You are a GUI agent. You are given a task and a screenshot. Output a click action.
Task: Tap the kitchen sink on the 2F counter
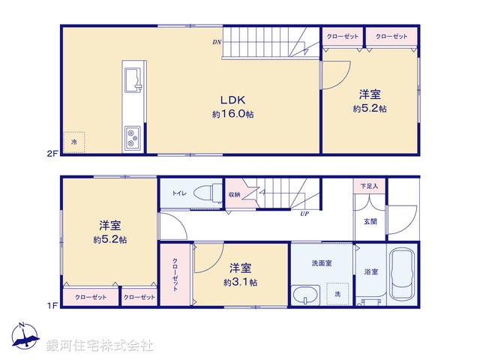point(133,79)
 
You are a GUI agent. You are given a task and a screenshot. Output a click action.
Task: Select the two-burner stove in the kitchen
point(133,136)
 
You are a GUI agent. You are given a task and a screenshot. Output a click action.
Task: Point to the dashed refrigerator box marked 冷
point(73,142)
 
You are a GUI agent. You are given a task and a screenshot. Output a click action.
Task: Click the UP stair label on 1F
point(304,214)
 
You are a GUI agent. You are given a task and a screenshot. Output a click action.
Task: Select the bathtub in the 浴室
point(401,274)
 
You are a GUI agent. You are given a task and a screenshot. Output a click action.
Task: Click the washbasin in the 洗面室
point(306,295)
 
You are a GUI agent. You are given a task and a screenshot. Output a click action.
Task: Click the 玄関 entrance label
point(370,221)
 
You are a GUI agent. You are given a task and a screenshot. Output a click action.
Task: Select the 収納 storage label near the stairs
point(235,195)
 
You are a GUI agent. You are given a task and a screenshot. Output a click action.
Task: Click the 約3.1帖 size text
point(240,283)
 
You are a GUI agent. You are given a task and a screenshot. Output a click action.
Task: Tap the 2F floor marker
point(52,152)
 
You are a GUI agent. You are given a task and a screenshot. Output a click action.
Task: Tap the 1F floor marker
point(52,305)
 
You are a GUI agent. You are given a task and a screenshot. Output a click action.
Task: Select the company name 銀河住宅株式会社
point(100,345)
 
